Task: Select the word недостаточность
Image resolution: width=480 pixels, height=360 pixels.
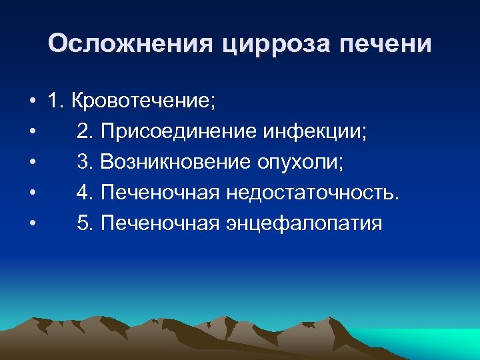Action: coord(313,193)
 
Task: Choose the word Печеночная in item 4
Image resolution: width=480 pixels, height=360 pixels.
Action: coord(160,193)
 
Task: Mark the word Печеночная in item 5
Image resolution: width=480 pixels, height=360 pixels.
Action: coord(160,223)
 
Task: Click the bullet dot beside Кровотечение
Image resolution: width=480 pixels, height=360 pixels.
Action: coord(32,102)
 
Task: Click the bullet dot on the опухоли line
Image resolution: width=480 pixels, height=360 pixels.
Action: coord(32,163)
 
